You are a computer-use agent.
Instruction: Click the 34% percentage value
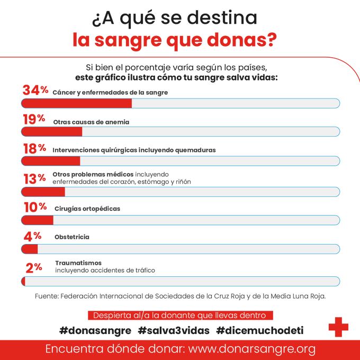[35, 91]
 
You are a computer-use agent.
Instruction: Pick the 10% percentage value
[35, 208]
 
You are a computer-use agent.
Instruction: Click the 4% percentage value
[33, 236]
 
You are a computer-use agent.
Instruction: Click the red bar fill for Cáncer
[76, 103]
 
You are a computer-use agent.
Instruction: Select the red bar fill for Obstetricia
[30, 248]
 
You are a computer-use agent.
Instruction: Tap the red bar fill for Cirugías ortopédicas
[37, 219]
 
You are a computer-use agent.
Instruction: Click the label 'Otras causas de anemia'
[91, 122]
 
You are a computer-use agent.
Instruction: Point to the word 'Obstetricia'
[71, 237]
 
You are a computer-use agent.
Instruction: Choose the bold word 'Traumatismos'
[78, 263]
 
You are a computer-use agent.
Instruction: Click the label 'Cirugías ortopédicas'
[87, 209]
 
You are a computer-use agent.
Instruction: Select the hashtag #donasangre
[95, 330]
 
